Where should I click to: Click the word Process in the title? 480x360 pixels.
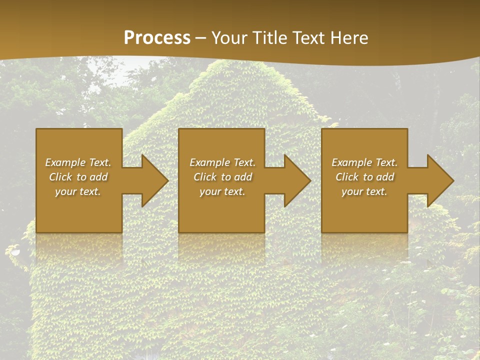[157, 38]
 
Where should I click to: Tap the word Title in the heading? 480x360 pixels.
[270, 38]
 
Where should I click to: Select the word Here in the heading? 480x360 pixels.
[349, 38]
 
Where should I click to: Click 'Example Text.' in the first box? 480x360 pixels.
[78, 162]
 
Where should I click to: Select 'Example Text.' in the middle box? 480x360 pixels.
[222, 162]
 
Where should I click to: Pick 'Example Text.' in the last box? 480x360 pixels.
[364, 162]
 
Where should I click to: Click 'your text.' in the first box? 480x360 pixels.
[78, 191]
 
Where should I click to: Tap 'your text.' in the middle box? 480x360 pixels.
[222, 191]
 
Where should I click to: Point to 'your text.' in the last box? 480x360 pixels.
[364, 191]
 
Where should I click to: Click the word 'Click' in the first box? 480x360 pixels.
[60, 177]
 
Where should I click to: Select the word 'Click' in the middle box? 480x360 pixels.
[205, 177]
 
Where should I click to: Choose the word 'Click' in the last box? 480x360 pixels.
[347, 177]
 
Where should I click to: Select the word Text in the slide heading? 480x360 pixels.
[309, 38]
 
